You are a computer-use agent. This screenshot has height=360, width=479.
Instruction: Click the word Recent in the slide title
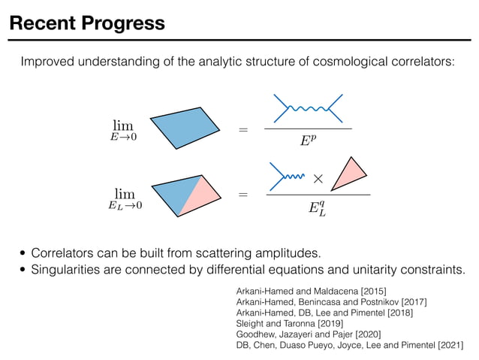pos(42,23)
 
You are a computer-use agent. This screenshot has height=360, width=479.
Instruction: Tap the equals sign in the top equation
pos(242,131)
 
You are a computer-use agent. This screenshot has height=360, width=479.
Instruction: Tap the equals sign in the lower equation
pos(242,195)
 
